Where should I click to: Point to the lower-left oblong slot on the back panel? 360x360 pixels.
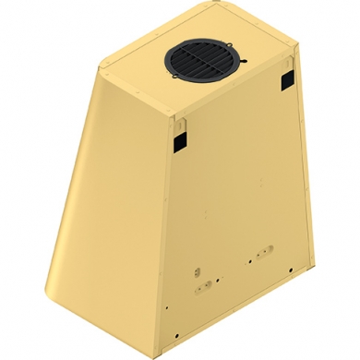tap(203, 287)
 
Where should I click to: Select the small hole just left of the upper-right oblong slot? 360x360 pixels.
tap(248, 261)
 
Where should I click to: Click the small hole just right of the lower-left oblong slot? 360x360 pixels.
tap(219, 279)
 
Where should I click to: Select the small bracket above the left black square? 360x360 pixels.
tap(180, 121)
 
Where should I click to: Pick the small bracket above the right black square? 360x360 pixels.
tap(288, 66)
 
